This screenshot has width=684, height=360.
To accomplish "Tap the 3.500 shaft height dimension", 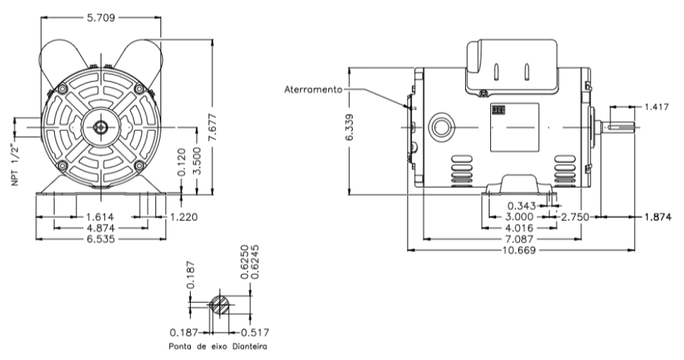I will pos(202,161).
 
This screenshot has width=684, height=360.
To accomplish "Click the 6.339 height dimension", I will pos(349,132).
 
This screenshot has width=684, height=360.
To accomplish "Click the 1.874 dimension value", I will pos(654,216).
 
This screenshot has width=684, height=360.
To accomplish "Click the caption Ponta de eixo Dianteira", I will pos(213,347).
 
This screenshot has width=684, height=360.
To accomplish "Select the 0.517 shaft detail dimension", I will pos(254,333).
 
